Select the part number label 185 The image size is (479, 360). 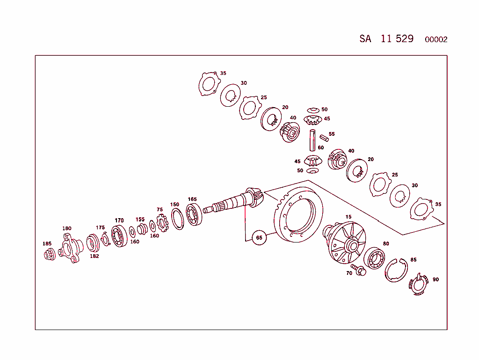pos(47,243)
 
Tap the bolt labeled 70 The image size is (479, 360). pos(360,270)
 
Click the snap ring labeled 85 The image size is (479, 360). pos(396,271)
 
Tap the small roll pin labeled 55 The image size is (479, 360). pos(324,138)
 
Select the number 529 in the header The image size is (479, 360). pos(405,39)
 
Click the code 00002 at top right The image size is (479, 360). pos(436,40)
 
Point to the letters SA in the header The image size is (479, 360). pos(365,39)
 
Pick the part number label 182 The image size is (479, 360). pos(94,256)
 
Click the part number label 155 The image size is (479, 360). pos(140,219)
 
